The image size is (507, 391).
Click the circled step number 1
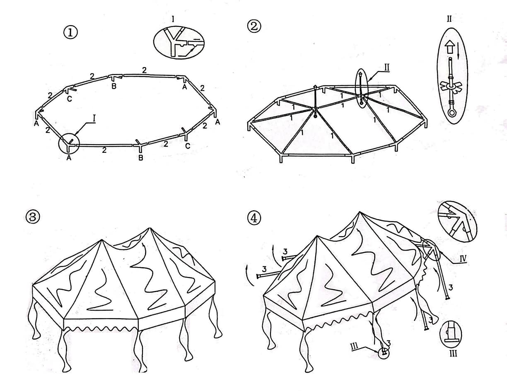coord(70,33)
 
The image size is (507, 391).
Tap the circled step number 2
coord(254,27)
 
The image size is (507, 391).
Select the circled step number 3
coord(33,217)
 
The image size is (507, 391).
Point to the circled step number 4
coord(254,218)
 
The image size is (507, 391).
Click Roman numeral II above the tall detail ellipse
coord(449,19)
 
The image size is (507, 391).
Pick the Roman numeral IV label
coord(463,258)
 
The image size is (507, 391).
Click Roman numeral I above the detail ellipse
coord(173,19)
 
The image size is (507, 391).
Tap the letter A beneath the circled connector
coord(69,158)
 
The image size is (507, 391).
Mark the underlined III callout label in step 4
coord(355,346)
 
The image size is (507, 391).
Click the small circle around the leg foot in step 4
coord(384,353)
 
